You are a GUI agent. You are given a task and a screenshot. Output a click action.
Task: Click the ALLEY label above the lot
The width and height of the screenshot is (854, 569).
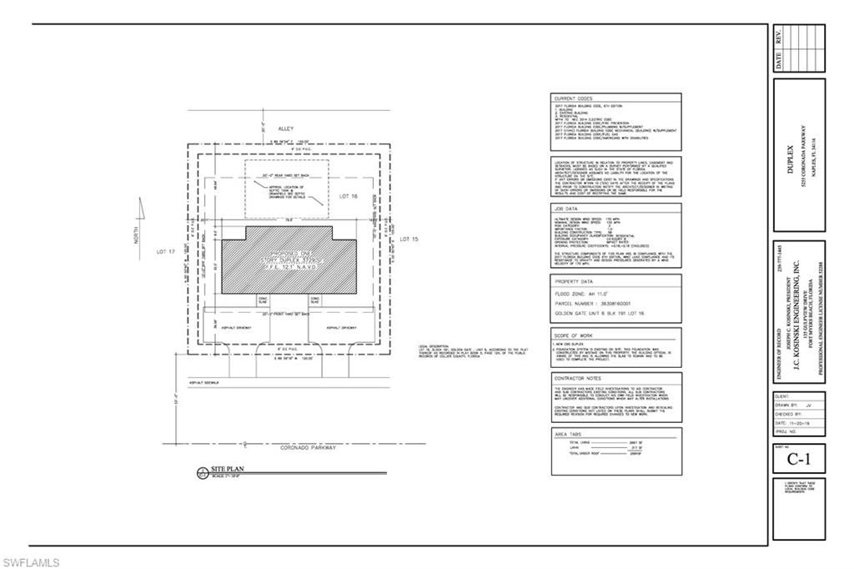[x=286, y=129]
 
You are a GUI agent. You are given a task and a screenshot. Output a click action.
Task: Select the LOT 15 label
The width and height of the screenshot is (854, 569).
[x=407, y=239]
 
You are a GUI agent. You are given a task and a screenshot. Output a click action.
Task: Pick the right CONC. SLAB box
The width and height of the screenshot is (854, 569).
[x=316, y=301]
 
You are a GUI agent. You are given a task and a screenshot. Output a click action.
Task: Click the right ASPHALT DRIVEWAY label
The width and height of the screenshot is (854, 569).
[x=342, y=327]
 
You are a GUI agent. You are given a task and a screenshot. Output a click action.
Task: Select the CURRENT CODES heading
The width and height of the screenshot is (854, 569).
[x=573, y=98]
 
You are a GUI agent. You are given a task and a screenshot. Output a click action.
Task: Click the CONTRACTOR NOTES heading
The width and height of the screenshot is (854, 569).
[x=576, y=378]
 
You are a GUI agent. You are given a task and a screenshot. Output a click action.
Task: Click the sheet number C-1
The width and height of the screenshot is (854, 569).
[x=799, y=459]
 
